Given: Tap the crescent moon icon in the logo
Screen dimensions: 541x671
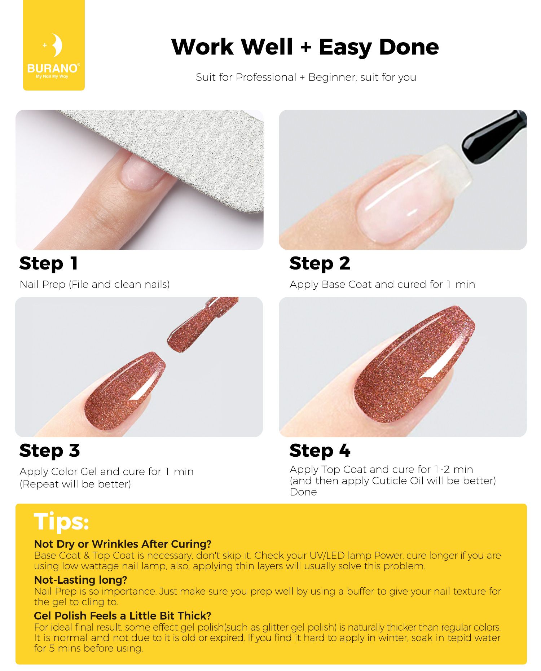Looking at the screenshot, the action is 56,45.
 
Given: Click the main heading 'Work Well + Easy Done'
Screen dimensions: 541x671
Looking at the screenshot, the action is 305,47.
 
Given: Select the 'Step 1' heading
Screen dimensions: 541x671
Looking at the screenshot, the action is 49,264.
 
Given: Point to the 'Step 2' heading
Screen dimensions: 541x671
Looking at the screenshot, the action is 320,264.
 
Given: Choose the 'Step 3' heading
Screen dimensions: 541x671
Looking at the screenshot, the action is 49,451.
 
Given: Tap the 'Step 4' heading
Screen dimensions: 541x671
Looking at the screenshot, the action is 320,451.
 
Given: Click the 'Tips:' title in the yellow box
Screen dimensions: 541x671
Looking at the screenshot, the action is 61,522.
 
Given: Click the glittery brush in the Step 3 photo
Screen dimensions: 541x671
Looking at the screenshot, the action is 202,324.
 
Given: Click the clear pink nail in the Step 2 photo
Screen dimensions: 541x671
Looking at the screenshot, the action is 415,195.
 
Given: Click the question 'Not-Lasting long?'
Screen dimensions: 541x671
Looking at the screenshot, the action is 80,580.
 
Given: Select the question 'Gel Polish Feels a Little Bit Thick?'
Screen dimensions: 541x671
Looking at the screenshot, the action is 123,616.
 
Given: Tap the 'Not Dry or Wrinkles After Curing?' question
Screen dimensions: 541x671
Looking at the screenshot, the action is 123,544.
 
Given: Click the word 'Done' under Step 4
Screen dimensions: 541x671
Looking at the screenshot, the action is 303,492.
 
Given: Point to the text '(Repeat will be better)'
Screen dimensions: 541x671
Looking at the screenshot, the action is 75,484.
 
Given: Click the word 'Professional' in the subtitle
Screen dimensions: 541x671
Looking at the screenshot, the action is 266,78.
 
